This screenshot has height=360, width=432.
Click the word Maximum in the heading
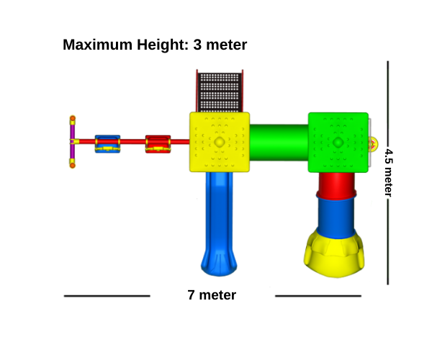point(97,45)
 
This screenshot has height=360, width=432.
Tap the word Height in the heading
point(163,45)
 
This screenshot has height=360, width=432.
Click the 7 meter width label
point(212,295)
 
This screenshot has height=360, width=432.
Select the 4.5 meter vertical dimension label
point(388,173)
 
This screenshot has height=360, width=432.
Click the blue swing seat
point(107,144)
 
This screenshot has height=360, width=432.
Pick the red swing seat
point(158,144)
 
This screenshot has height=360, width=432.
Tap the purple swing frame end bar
point(72,142)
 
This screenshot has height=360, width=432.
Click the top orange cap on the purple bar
point(73,118)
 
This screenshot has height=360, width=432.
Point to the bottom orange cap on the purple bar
point(73,166)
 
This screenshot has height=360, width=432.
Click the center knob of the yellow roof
point(220,142)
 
